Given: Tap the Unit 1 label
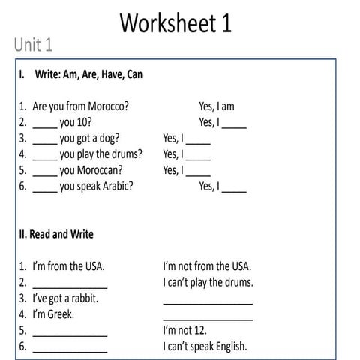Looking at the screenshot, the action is [x=33, y=45].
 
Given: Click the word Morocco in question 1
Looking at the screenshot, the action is [x=104, y=106].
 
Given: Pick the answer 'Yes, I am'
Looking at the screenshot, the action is [x=216, y=106].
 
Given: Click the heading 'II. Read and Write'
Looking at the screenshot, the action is [x=56, y=234].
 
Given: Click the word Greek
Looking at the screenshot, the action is [x=61, y=314].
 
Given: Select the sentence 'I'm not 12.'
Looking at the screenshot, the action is [x=184, y=330].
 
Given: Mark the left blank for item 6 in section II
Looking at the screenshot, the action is [x=70, y=349].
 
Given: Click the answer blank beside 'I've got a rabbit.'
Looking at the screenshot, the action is [x=208, y=301].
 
